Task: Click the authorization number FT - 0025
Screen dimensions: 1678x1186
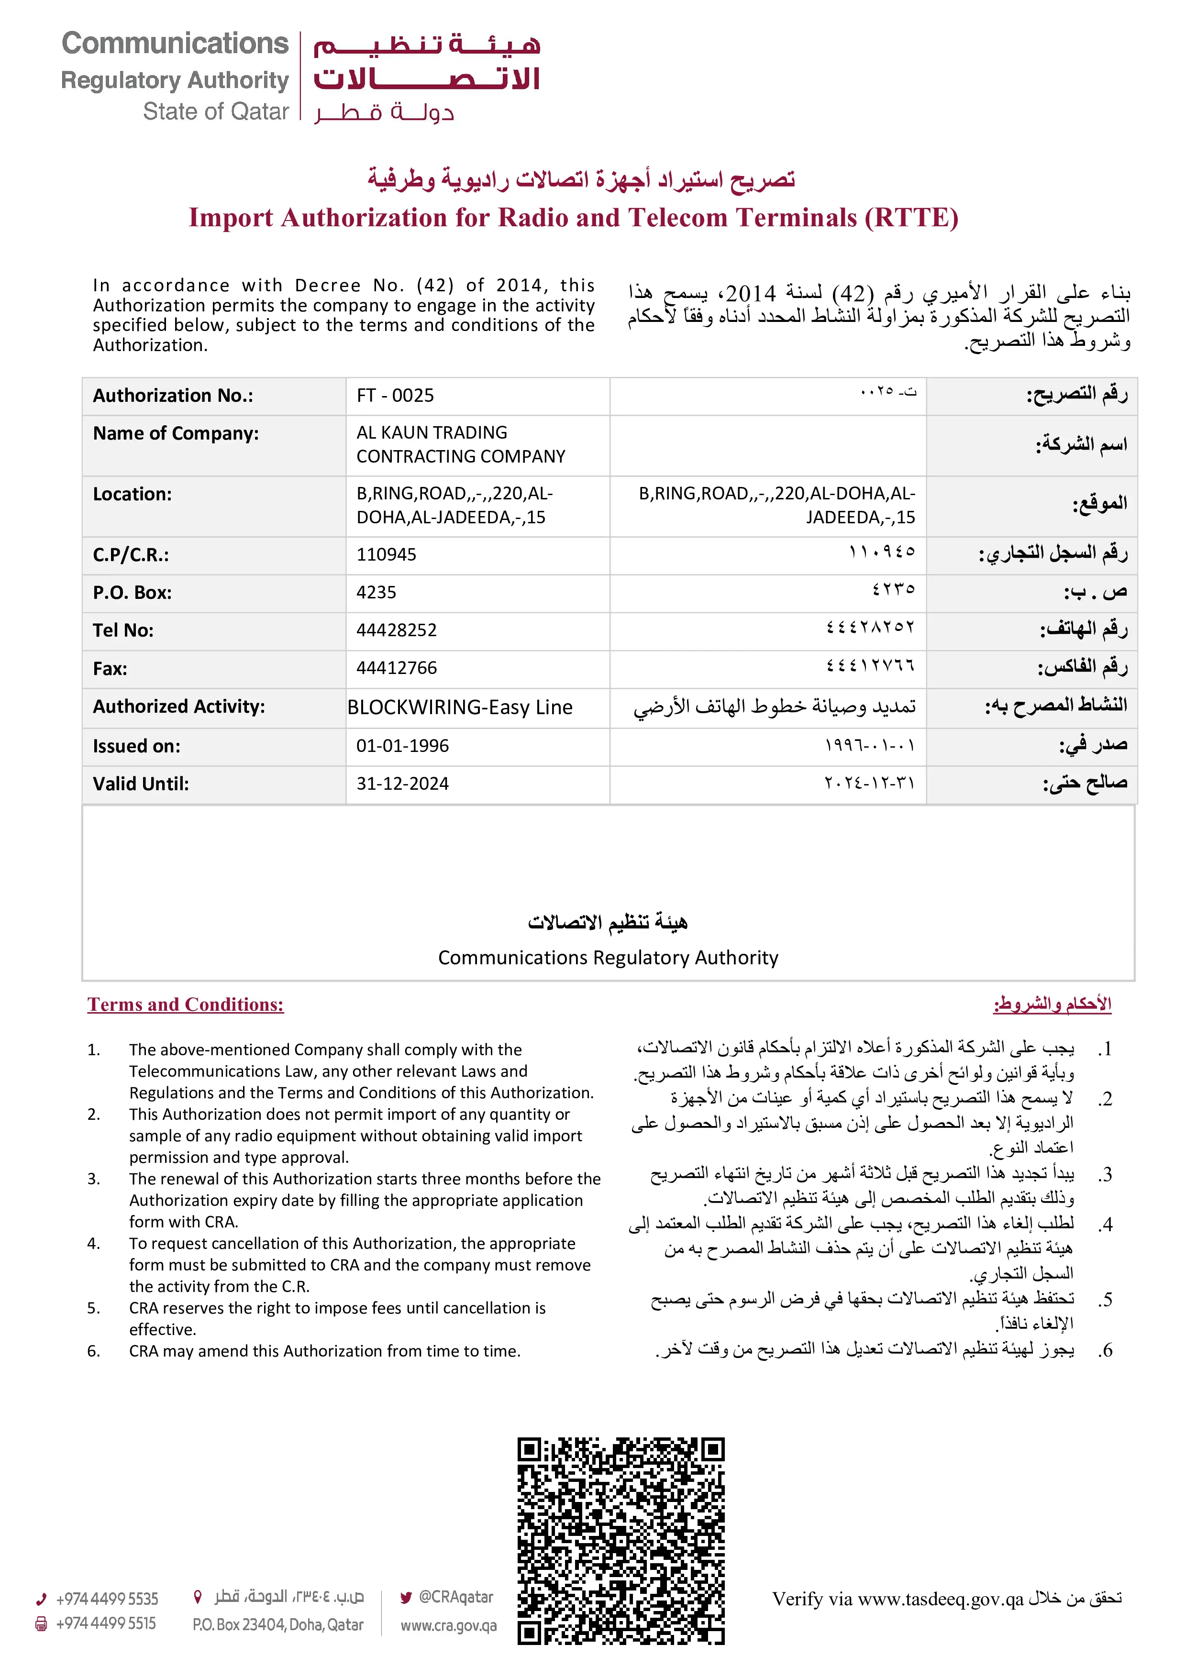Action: point(395,396)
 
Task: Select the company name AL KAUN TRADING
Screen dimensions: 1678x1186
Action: point(432,433)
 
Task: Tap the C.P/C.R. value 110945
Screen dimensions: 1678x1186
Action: point(386,555)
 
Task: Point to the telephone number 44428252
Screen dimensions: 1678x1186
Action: point(396,630)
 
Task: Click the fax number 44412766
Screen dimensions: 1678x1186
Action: point(396,668)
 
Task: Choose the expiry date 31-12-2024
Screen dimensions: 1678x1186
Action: point(402,784)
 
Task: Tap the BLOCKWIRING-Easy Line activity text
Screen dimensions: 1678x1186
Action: point(460,707)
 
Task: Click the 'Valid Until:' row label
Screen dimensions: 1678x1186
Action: point(140,784)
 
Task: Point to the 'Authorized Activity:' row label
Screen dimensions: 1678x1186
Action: point(178,707)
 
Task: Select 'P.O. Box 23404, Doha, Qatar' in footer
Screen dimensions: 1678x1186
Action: point(277,1624)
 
